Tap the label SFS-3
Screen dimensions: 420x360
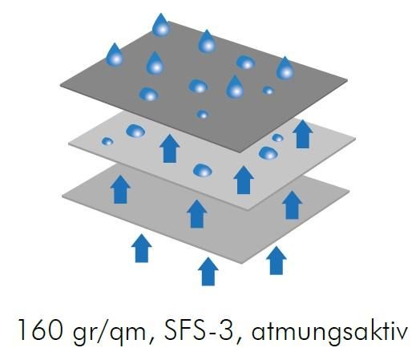coord(200,330)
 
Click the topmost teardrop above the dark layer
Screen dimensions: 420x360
coord(161,25)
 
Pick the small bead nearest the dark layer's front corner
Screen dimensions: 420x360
coord(203,114)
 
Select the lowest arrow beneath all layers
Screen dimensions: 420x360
coord(208,272)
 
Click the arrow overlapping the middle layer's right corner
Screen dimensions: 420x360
coord(302,134)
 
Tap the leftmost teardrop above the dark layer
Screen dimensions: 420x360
coord(115,55)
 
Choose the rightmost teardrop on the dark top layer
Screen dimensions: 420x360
coord(285,68)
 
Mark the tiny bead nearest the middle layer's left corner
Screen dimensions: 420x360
coord(107,141)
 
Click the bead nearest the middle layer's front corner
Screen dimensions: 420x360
coord(203,170)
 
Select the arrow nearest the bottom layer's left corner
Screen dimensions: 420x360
coord(120,190)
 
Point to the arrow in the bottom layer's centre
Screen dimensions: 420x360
coord(197,214)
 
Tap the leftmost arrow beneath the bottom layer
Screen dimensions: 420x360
coord(142,249)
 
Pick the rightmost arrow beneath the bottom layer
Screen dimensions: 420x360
coord(277,261)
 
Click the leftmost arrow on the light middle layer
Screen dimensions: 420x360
coord(170,148)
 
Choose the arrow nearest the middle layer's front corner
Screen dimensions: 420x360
coord(244,180)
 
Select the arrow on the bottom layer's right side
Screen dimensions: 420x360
coord(293,205)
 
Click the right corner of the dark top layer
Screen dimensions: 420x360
coord(347,80)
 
